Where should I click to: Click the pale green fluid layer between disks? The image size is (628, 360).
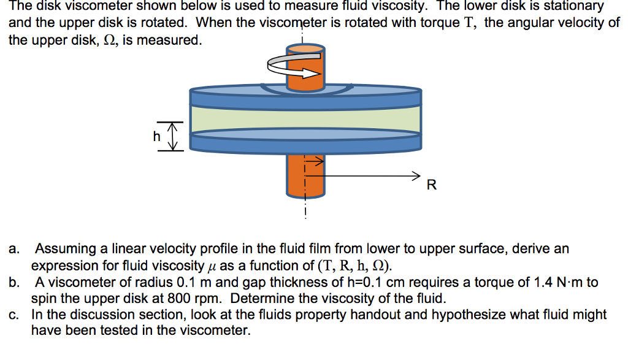coord(305,118)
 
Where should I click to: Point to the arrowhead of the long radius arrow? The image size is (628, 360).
coord(417,175)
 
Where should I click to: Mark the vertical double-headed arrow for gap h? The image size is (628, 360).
coord(174,136)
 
